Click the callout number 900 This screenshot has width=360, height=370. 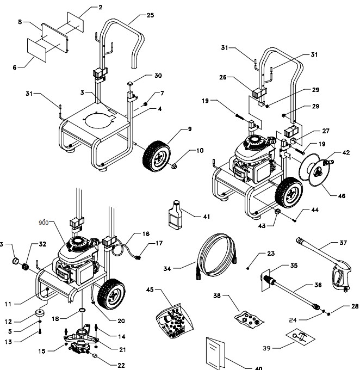point(43,223)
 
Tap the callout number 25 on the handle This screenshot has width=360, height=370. point(150,15)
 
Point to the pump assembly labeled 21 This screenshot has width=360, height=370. point(79,345)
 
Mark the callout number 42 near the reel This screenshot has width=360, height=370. point(346,153)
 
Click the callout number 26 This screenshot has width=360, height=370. point(222,77)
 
